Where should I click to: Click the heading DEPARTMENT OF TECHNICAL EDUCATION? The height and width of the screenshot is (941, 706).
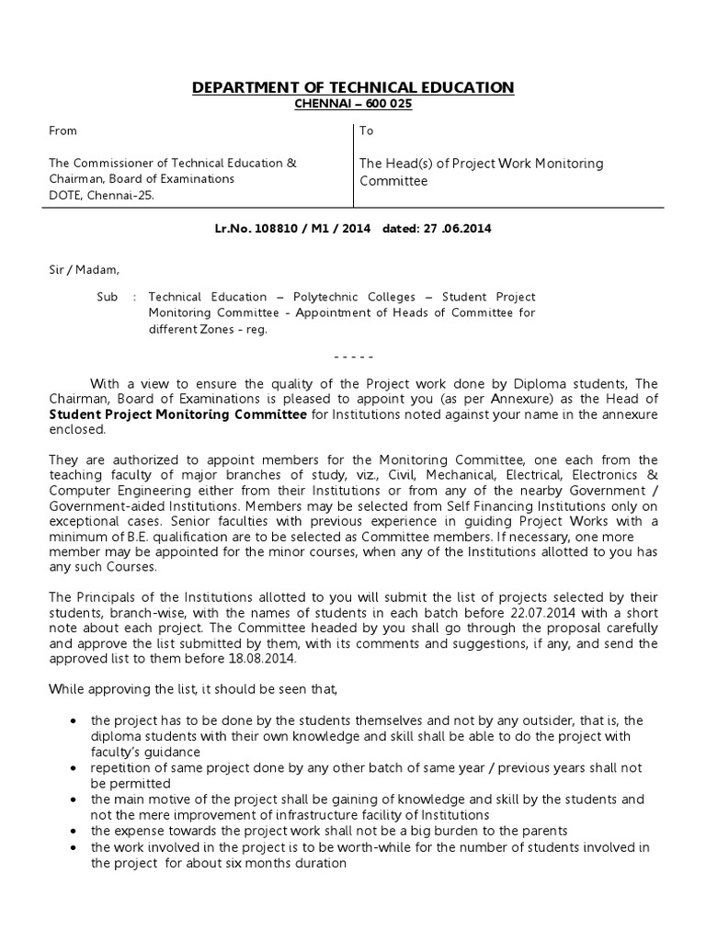[353, 87]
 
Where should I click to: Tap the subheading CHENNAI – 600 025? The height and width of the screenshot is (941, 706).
[353, 104]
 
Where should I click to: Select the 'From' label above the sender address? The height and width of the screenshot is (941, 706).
[63, 131]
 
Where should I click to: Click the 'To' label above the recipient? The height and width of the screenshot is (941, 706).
[367, 131]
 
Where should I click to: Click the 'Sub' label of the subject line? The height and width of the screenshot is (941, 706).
[108, 298]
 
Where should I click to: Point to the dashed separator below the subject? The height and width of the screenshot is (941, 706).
[353, 356]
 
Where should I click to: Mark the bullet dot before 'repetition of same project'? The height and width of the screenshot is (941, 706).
[73, 767]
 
